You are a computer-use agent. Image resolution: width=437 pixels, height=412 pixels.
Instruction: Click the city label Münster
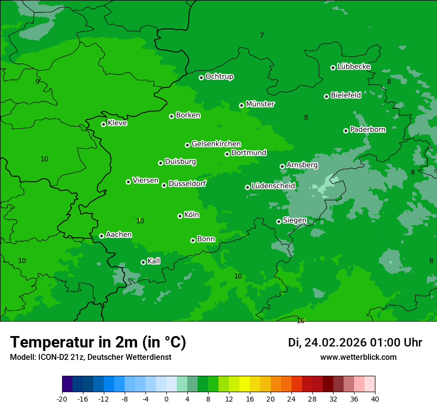coord(260,104)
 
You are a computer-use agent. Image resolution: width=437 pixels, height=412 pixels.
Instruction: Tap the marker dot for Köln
coord(180,216)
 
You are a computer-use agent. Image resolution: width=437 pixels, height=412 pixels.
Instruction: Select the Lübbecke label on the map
coord(354,67)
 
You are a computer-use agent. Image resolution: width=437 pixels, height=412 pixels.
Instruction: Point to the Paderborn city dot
coord(346,131)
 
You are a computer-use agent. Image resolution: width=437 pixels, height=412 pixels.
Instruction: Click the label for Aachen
coord(119,235)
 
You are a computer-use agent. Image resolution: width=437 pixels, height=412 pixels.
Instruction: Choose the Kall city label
coord(154,261)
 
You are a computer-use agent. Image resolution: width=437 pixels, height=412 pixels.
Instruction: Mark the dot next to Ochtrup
coord(201,77)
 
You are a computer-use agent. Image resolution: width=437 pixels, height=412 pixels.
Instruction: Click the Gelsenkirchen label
coord(216,144)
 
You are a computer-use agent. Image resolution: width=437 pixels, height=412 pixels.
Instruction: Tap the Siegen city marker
coord(279,221)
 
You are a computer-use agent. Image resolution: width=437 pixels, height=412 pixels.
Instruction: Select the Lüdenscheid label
coord(273,186)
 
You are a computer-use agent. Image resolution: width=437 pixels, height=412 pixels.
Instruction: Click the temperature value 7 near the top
coord(262,35)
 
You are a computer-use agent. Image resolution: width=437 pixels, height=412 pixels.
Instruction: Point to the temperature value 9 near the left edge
coord(37,81)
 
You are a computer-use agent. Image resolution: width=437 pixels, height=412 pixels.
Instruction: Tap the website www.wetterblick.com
coord(358,357)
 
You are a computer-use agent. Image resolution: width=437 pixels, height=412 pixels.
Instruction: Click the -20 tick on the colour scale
coord(62,399)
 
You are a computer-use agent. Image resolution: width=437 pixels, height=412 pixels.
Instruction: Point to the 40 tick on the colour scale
coord(375,399)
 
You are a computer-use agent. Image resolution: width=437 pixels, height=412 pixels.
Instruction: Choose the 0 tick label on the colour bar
coord(166,399)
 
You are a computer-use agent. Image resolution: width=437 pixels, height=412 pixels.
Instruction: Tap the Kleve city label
coord(117,123)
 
